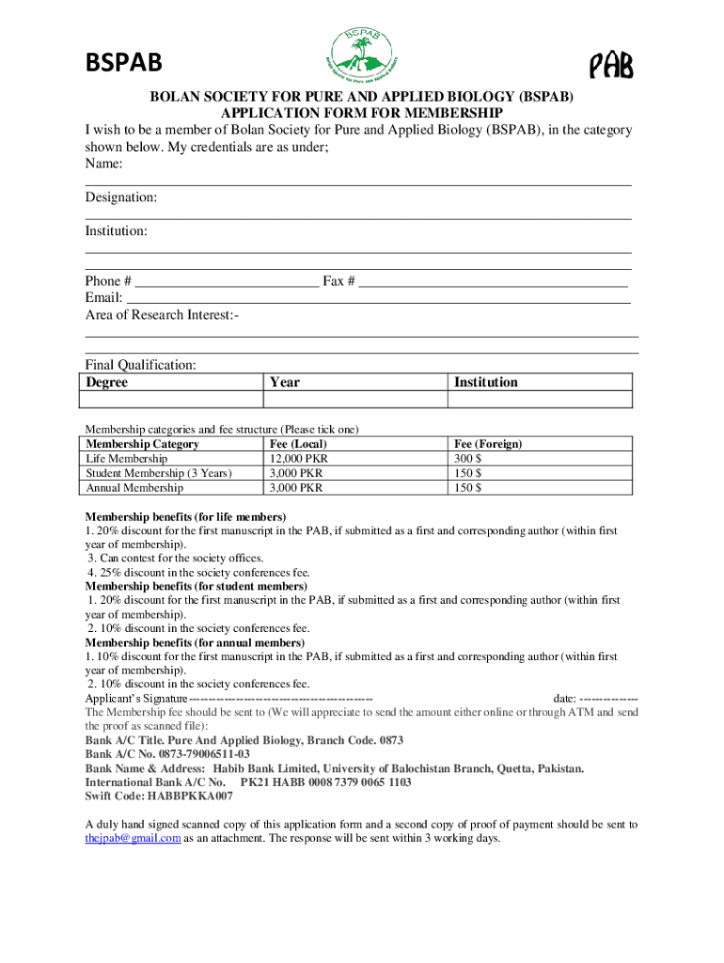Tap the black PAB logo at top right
(610, 66)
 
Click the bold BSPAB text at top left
(124, 63)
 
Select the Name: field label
(104, 164)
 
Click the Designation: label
(121, 197)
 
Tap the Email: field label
(104, 298)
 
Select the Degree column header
(106, 382)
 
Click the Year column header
(284, 382)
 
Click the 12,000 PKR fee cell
(298, 459)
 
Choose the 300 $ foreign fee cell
(468, 459)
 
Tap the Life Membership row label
(127, 459)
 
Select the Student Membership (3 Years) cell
(158, 473)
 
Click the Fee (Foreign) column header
(488, 444)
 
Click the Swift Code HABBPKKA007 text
(159, 796)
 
